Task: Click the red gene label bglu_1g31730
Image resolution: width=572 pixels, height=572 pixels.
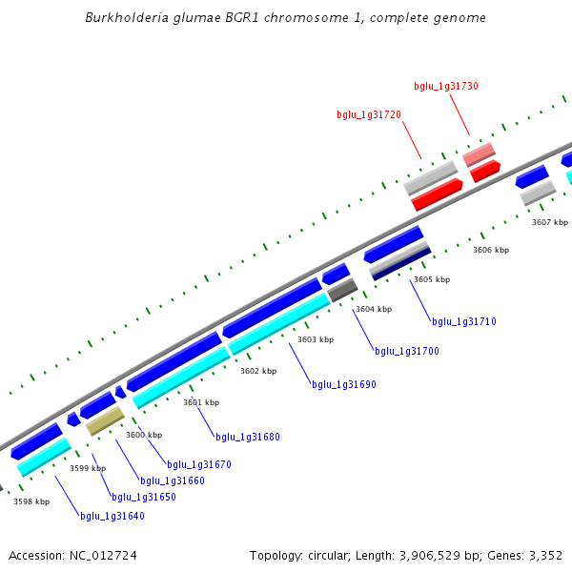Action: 446,86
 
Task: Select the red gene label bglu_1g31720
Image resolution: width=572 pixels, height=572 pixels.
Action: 369,114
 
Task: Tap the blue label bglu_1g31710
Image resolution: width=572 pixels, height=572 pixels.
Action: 464,321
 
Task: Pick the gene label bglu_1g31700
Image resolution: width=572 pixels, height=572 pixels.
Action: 407,351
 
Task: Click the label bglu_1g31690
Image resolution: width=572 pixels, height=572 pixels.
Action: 344,384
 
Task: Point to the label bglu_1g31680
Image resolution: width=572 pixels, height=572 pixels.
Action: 248,437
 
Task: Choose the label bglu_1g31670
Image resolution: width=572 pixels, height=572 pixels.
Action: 199,464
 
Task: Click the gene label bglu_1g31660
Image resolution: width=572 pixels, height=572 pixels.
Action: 173,480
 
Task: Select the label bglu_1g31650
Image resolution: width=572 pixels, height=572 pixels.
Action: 144,497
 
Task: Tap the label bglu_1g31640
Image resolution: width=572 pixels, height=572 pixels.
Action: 112,516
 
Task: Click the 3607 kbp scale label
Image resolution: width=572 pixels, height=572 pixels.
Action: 550,222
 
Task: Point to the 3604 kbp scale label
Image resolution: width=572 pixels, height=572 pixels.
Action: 374,309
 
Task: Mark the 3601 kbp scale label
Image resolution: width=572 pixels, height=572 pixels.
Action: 201,402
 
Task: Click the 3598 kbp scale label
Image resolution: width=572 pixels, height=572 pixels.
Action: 31,501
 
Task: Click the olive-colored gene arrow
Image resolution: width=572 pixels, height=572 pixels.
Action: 105,421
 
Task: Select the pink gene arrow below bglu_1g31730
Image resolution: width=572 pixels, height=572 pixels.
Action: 479,153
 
